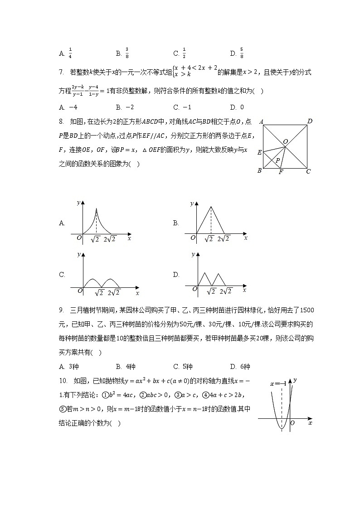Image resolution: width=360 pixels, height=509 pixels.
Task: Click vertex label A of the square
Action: [x=261, y=122]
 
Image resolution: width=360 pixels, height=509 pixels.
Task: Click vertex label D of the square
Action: [x=310, y=121]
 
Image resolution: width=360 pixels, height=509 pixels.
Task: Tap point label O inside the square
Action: [x=286, y=141]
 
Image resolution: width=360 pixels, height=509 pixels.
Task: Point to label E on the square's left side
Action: [x=259, y=153]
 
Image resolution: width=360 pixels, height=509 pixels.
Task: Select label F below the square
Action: [x=281, y=172]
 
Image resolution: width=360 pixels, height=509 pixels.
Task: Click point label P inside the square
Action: [x=277, y=160]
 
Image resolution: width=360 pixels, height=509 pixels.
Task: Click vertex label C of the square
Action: [x=308, y=171]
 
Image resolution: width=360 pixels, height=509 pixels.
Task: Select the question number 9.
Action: [x=61, y=310]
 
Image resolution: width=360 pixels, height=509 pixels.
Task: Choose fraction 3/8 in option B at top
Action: [x=127, y=53]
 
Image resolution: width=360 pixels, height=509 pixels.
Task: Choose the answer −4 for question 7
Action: [x=71, y=107]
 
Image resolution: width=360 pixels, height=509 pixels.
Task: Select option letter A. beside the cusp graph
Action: [x=62, y=223]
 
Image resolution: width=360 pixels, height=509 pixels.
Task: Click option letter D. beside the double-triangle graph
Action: [x=176, y=275]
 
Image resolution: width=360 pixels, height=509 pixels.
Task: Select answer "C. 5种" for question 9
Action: [x=183, y=367]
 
